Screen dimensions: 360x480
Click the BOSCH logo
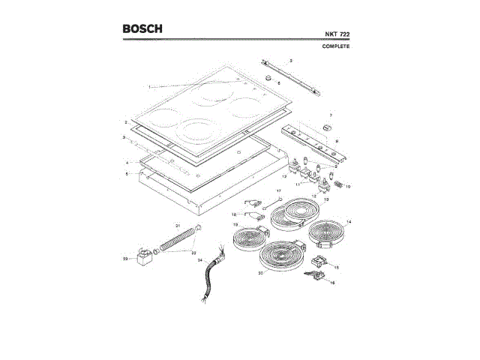(142, 29)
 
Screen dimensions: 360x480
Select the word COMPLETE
(335, 46)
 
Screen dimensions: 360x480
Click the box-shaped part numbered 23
(141, 260)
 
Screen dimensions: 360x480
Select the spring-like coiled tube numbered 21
(178, 240)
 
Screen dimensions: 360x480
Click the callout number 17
(278, 192)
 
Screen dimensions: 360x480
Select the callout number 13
(326, 200)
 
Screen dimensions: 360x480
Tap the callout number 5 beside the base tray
(127, 174)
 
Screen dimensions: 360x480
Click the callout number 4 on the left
(127, 163)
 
